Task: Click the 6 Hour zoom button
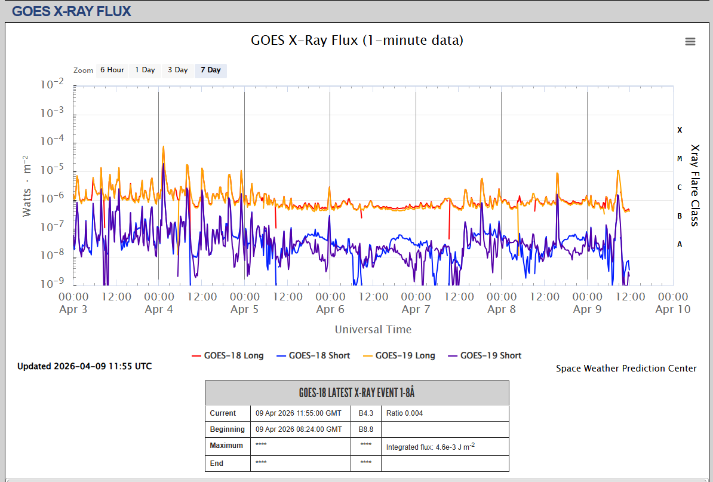tap(112, 70)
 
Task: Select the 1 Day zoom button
tap(145, 70)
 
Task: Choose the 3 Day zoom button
tap(178, 70)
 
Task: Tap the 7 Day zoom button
tap(211, 70)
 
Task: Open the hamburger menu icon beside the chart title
tap(690, 41)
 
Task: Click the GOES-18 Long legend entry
tap(228, 355)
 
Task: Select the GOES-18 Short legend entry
tap(314, 355)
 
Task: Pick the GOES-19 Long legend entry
tap(399, 355)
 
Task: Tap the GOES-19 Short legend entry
tap(485, 355)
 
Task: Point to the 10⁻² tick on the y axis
tap(53, 84)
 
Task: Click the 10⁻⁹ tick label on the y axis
tap(53, 283)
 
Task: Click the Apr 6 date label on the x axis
tap(330, 309)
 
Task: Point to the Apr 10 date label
tap(673, 309)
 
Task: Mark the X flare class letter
tap(680, 130)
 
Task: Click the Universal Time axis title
tap(373, 329)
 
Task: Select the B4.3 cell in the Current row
tap(366, 413)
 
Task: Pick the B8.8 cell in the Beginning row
tap(366, 429)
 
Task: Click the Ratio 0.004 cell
tap(405, 413)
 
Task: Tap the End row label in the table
tap(216, 463)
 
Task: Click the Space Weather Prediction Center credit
tap(626, 369)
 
